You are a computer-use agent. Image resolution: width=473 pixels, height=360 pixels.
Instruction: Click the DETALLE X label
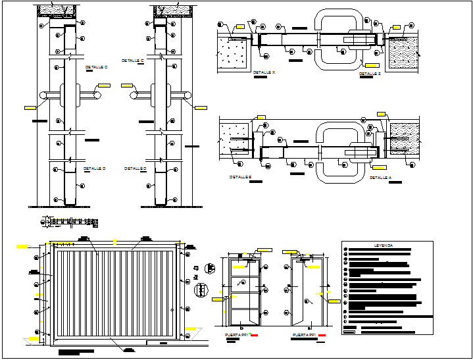point(264,72)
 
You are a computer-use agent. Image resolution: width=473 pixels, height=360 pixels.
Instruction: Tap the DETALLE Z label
point(370,74)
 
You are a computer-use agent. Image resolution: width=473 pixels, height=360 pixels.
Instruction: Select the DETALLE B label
point(240,177)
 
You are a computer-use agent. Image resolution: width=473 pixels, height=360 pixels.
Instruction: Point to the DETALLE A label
point(380,177)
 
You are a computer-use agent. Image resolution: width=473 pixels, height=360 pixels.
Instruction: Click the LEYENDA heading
point(384,245)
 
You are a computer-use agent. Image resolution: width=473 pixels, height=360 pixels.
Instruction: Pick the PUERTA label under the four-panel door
point(235,335)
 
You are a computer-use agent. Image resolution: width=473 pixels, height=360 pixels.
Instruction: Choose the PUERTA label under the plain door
point(304,335)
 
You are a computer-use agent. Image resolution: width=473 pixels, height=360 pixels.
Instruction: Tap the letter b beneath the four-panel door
point(241,327)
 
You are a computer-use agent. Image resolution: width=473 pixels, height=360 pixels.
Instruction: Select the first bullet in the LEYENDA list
point(345,250)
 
